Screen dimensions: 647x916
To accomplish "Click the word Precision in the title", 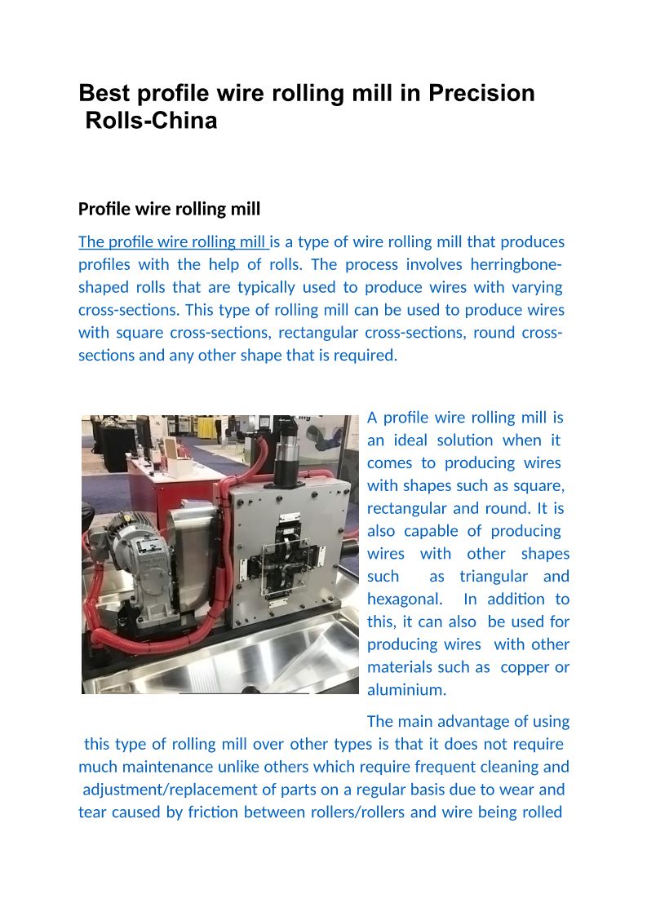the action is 481,94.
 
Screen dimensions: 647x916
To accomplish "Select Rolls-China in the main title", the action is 152,121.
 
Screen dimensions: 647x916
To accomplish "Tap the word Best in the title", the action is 103,94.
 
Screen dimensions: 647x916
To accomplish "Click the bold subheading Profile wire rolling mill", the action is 170,209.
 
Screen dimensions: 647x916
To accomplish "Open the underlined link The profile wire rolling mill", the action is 173,242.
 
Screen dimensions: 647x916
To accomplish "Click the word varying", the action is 537,287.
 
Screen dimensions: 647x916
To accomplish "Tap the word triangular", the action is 494,577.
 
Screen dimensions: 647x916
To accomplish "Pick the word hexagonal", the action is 405,600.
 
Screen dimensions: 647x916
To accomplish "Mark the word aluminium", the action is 406,690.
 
